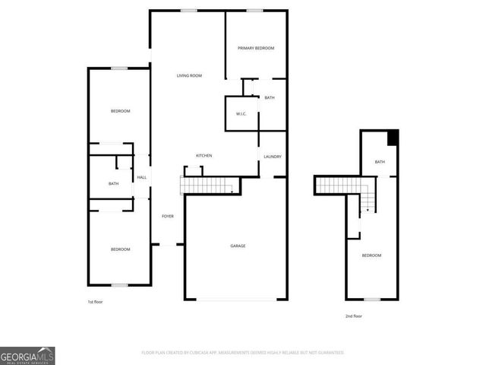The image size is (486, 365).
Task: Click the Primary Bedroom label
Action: pyautogui.click(x=255, y=48)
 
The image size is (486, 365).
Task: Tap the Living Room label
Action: pyautogui.click(x=189, y=75)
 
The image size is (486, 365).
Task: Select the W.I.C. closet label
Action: pyautogui.click(x=241, y=114)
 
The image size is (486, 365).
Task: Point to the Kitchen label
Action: pyautogui.click(x=204, y=156)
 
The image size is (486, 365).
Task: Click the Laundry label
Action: pyautogui.click(x=273, y=157)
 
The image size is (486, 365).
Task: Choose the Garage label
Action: pyautogui.click(x=238, y=246)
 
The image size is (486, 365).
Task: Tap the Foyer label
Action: pyautogui.click(x=167, y=217)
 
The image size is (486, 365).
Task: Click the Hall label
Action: pyautogui.click(x=142, y=178)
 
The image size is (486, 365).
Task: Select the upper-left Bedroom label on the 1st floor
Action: pyautogui.click(x=120, y=112)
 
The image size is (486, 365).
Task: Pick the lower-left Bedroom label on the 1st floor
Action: pyautogui.click(x=120, y=249)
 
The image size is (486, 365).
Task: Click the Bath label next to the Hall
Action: pyautogui.click(x=113, y=183)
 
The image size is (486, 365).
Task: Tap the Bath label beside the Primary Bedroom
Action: pyautogui.click(x=270, y=98)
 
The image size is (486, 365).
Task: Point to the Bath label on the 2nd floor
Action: pyautogui.click(x=380, y=162)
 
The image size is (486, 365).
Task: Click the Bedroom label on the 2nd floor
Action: pyautogui.click(x=371, y=255)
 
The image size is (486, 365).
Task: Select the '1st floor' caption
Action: pyautogui.click(x=95, y=303)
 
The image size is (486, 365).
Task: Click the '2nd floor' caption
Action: pyautogui.click(x=354, y=316)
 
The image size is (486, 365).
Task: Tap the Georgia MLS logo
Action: pyautogui.click(x=27, y=355)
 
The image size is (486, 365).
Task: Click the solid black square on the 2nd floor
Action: pyautogui.click(x=393, y=137)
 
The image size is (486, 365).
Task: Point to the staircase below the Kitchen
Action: pyautogui.click(x=205, y=185)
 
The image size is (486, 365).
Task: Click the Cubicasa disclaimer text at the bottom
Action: pyautogui.click(x=243, y=353)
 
